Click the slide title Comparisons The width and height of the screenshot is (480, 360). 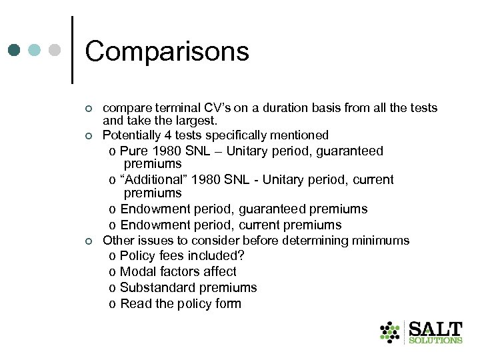click(167, 51)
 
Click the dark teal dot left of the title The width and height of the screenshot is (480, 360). click(14, 50)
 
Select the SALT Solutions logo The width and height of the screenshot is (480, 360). click(421, 332)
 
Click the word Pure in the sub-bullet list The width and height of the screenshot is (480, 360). click(134, 151)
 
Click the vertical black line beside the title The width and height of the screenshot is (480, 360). click(72, 50)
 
